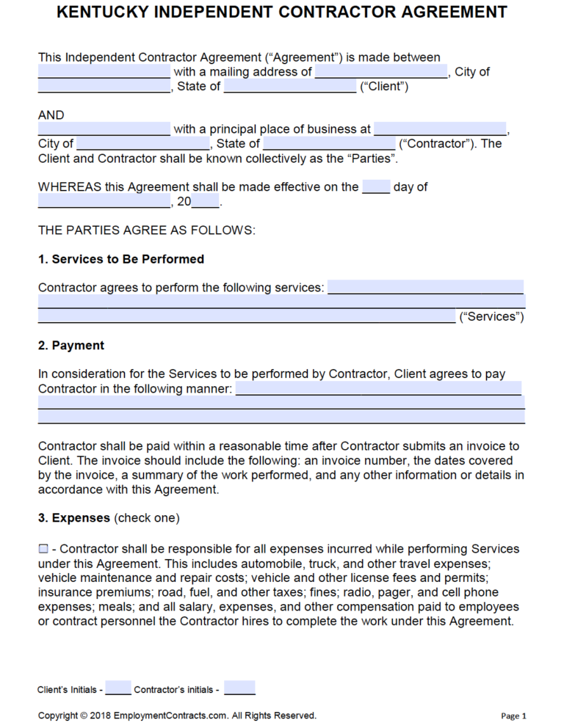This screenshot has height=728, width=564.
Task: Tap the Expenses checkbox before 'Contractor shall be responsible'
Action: click(x=43, y=549)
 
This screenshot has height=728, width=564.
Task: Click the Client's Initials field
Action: click(x=118, y=688)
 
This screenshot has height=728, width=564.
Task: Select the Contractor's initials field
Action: click(x=239, y=688)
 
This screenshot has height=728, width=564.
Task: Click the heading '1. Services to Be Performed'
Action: click(x=121, y=259)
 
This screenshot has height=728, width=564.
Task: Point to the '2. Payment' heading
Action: click(x=71, y=345)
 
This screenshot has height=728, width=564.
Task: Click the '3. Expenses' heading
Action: click(x=73, y=517)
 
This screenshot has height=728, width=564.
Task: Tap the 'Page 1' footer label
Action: click(x=513, y=716)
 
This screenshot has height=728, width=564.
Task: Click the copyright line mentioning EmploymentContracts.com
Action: click(x=177, y=716)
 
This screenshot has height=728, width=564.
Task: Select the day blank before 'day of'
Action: click(x=376, y=186)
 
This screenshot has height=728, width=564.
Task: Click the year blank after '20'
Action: click(x=206, y=201)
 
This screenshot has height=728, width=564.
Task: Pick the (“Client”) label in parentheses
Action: click(x=383, y=86)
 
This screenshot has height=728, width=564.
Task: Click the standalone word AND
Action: click(x=51, y=114)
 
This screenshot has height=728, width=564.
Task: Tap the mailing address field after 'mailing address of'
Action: click(x=381, y=72)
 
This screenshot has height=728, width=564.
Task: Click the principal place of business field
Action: click(x=440, y=129)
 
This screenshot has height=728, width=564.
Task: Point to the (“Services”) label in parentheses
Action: click(x=491, y=316)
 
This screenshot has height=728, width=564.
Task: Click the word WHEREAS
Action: click(x=70, y=186)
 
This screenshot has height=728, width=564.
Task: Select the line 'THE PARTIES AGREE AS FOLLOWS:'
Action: click(x=147, y=230)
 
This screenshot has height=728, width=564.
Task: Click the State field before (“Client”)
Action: click(x=289, y=87)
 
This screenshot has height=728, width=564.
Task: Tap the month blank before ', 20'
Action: click(x=104, y=201)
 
